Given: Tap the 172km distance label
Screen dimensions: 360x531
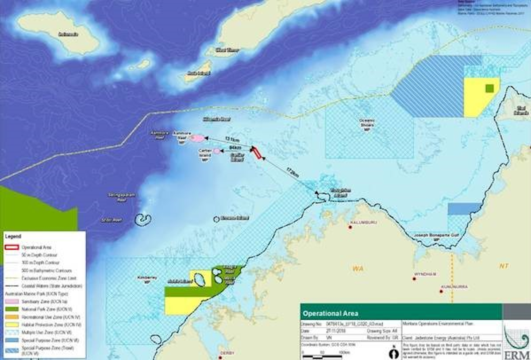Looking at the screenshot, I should [292, 172].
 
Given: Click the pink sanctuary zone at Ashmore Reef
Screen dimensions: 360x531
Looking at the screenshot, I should [197, 138].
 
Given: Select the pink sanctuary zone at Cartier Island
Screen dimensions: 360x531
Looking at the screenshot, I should [216, 151].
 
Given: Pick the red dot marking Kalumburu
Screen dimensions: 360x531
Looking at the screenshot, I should [350, 227].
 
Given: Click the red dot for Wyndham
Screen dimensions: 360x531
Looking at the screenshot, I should [414, 279].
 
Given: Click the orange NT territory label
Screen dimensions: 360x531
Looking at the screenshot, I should [504, 266].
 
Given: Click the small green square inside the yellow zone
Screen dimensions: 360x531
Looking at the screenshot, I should [489, 89].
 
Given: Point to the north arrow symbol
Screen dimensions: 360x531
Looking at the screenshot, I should [393, 353].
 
